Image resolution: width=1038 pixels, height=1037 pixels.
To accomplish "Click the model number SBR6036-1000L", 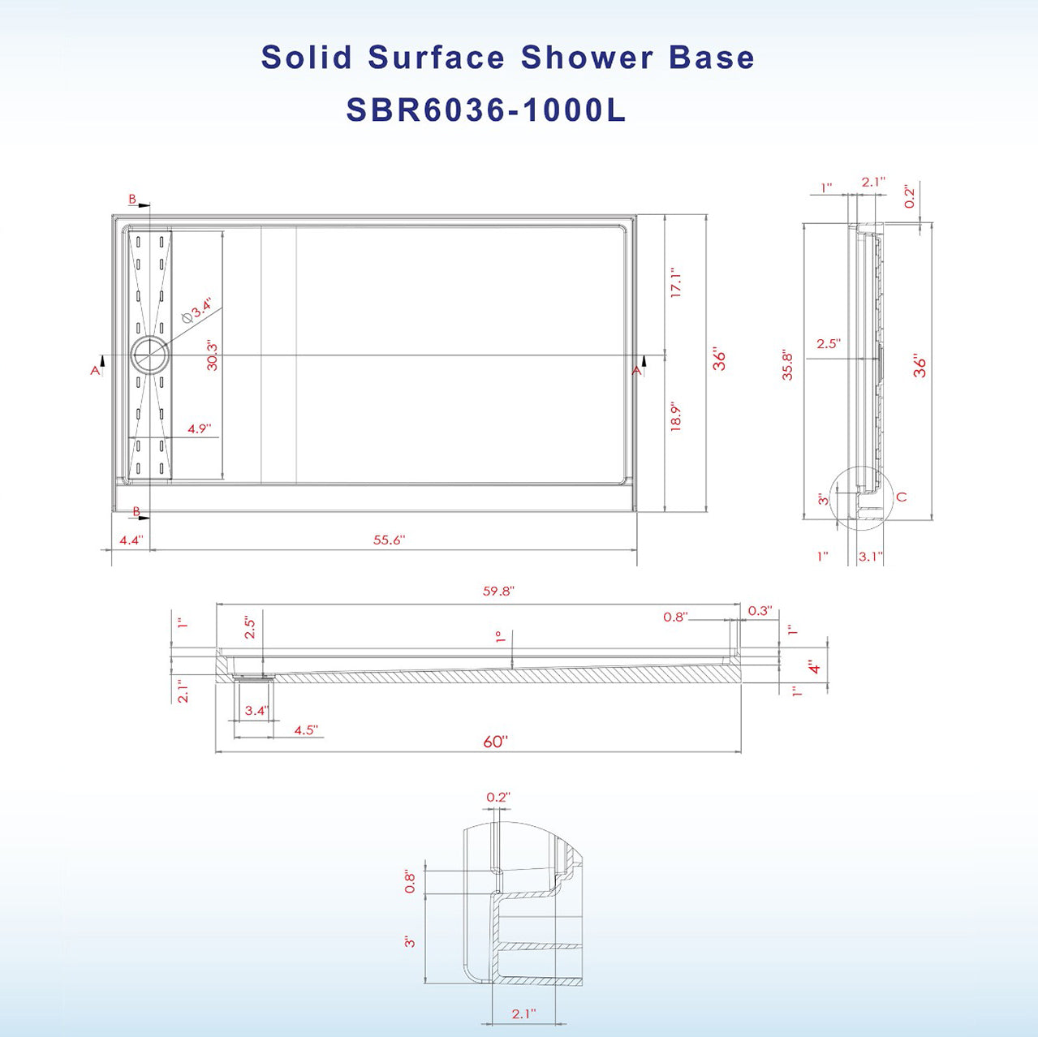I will point(485,110).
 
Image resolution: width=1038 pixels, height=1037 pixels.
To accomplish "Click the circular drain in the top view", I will point(149,355).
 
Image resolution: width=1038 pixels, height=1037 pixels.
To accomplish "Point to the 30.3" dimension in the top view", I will point(213,355).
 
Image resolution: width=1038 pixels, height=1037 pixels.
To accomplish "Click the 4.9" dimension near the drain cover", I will point(199,428).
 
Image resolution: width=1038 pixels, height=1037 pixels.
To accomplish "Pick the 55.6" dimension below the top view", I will point(389,540).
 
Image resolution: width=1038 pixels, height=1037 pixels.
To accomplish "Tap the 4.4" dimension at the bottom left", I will point(131,540).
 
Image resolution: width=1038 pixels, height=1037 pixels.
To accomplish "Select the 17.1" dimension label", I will point(676,283).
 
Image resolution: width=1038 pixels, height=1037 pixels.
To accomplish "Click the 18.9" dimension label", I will point(676,416).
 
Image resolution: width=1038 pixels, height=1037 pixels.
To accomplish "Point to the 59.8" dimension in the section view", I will point(498,592).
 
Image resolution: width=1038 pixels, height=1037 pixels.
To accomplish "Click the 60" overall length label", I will point(495,742).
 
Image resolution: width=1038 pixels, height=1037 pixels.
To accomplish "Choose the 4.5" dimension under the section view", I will point(305,730).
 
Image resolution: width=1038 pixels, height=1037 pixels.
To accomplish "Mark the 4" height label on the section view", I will point(815,668).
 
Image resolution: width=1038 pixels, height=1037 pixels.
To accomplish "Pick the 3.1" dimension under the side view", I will point(870,557).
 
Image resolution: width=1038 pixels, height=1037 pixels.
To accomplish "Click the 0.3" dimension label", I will point(760,611).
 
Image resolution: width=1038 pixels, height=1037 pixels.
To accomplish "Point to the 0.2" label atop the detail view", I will point(497,798).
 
